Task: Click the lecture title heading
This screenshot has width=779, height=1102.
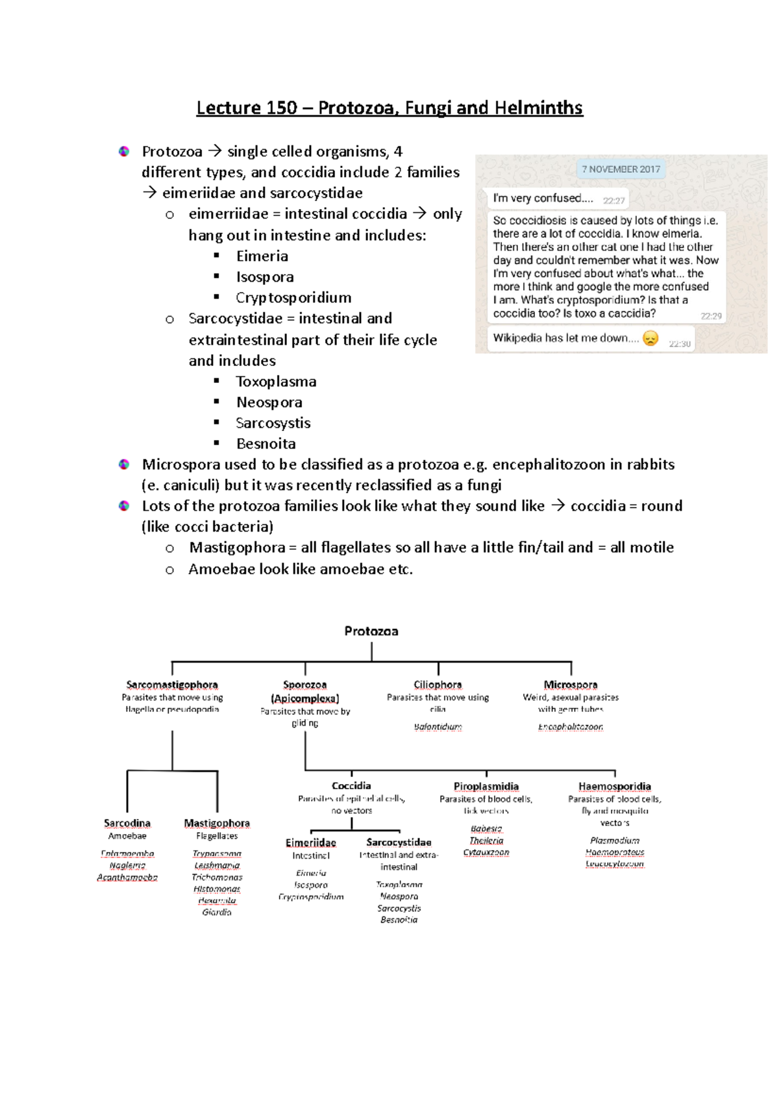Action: (x=389, y=108)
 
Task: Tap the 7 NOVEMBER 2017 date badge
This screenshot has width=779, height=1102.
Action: (x=621, y=169)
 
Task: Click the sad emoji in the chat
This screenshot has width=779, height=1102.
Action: (x=650, y=338)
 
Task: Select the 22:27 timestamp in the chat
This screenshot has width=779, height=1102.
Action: (x=613, y=201)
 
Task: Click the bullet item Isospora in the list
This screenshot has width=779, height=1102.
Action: (x=265, y=277)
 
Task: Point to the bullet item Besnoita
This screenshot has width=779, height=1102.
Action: (x=266, y=444)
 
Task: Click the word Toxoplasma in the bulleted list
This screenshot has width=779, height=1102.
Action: (x=276, y=382)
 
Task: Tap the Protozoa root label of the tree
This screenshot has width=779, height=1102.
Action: (x=371, y=631)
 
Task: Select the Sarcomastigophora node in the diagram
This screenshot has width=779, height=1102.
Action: (x=172, y=685)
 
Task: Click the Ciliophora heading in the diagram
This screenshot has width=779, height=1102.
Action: (x=438, y=685)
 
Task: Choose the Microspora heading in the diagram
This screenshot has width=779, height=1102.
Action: (x=571, y=685)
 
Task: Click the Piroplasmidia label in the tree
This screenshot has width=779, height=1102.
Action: (x=486, y=787)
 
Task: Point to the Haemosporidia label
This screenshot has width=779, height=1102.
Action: (x=615, y=787)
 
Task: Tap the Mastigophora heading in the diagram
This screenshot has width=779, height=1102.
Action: (x=217, y=823)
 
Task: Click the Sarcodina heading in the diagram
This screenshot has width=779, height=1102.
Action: (x=127, y=823)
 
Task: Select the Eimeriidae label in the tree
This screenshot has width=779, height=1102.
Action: (x=311, y=842)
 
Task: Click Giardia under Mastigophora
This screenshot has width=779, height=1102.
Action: (x=217, y=912)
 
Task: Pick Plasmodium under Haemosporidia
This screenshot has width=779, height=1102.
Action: (x=615, y=840)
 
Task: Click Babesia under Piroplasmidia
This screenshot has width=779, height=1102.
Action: (x=486, y=829)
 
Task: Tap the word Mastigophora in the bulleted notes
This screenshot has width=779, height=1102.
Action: (x=237, y=548)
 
